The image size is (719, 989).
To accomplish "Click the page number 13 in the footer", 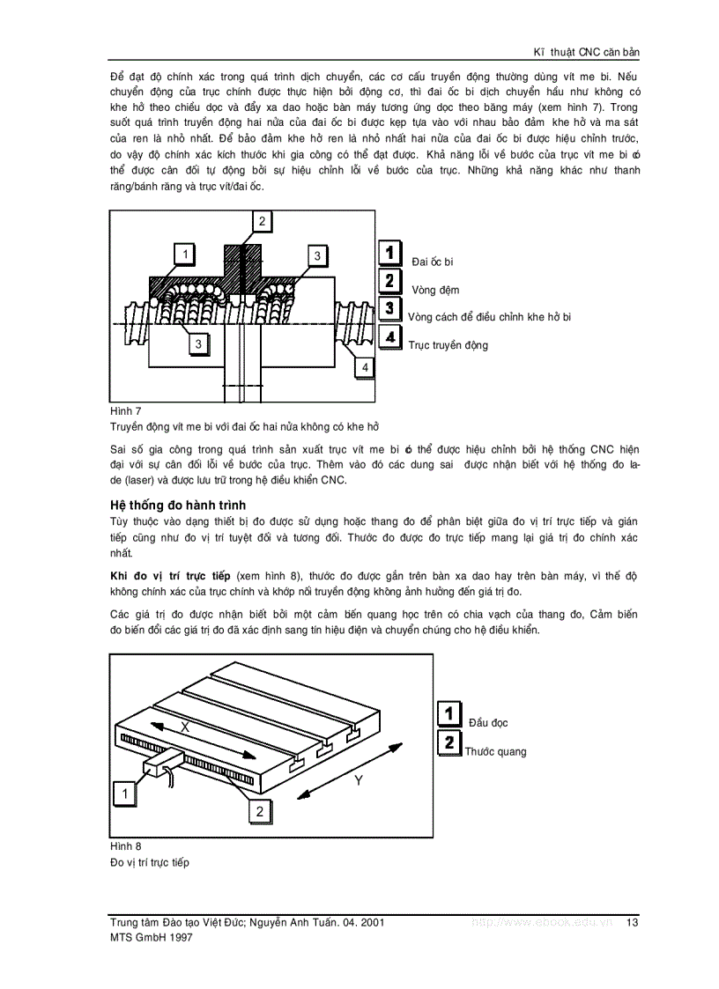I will (632, 922).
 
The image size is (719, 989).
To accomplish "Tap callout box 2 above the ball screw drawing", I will (261, 222).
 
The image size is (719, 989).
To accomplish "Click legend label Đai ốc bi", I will (432, 262).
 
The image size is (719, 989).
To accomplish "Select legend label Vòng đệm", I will (434, 290).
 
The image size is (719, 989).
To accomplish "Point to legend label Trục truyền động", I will (448, 345).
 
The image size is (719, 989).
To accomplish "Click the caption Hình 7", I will (125, 411).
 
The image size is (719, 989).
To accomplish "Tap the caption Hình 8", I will (125, 845).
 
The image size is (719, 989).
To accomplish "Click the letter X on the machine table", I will (185, 727).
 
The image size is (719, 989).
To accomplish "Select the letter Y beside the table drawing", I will (359, 780).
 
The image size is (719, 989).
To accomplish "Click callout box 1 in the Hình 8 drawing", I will (125, 793).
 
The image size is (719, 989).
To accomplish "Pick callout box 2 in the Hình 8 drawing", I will (259, 811).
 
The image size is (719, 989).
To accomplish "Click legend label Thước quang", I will (495, 751).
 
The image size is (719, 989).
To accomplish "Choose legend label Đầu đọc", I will (488, 723).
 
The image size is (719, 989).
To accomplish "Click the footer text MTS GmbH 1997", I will (150, 938).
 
